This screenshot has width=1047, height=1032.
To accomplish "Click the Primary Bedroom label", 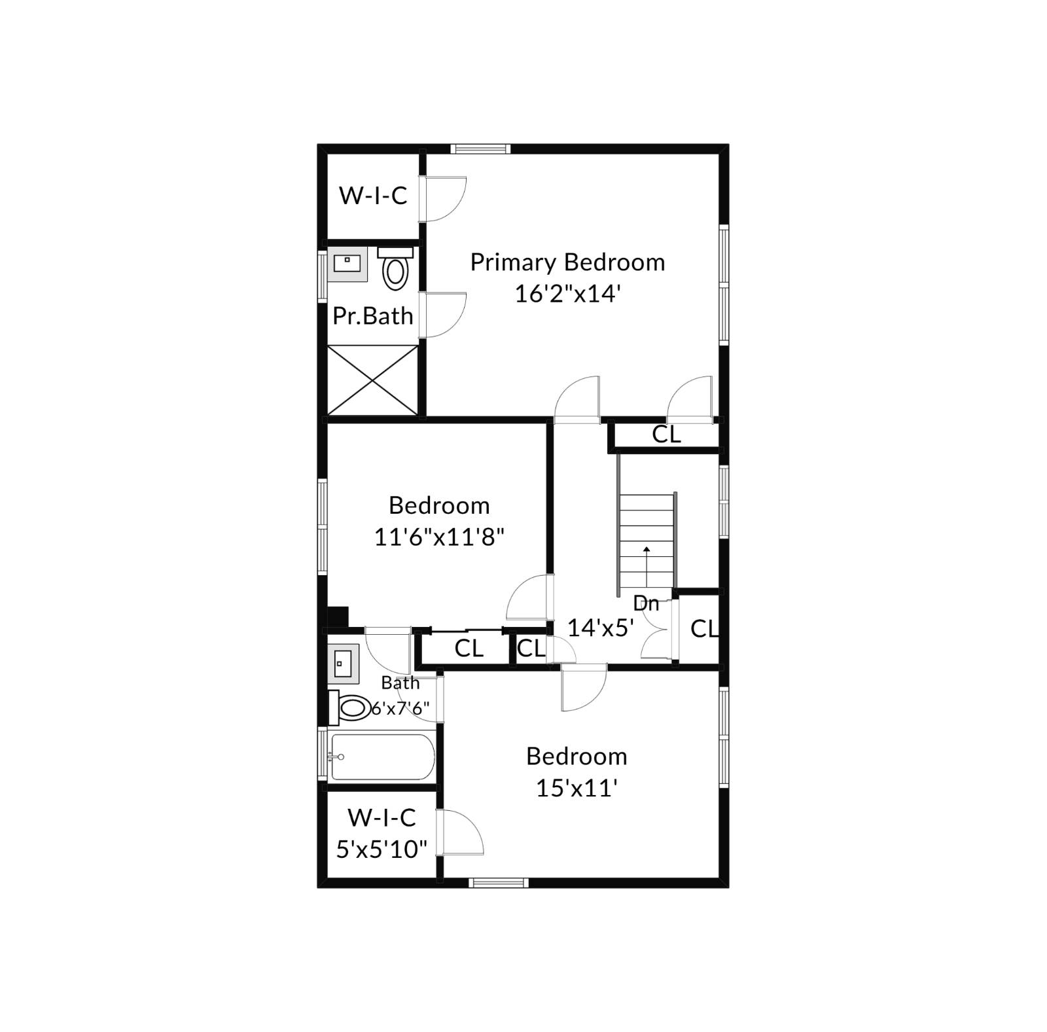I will coord(567,262).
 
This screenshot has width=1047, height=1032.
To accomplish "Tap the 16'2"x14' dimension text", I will coord(567,294).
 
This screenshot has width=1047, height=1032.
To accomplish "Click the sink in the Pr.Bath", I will coord(347,264).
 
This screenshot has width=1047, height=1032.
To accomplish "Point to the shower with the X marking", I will coord(372,380).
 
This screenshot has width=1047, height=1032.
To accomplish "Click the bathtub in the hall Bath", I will coord(382,756).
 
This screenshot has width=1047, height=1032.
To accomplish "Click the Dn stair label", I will coord(646,603).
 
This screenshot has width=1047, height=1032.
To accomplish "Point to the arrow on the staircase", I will coord(647,552).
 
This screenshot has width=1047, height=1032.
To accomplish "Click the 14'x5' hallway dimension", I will coord(600,628).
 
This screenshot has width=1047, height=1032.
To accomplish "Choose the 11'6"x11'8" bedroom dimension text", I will coord(439,537).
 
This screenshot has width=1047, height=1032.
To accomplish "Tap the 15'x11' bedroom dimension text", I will coord(577,788).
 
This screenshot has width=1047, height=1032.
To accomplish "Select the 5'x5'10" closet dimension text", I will coord(382,849).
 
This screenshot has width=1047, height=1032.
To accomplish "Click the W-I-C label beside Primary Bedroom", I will coord(373,195).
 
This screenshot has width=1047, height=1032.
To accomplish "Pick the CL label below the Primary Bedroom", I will coord(666,434).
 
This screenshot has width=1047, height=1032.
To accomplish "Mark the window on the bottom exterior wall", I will coord(499,883).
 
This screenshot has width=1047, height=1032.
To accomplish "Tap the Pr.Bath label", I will coord(373,316).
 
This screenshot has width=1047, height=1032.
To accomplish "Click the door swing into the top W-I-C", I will coord(444,198).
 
